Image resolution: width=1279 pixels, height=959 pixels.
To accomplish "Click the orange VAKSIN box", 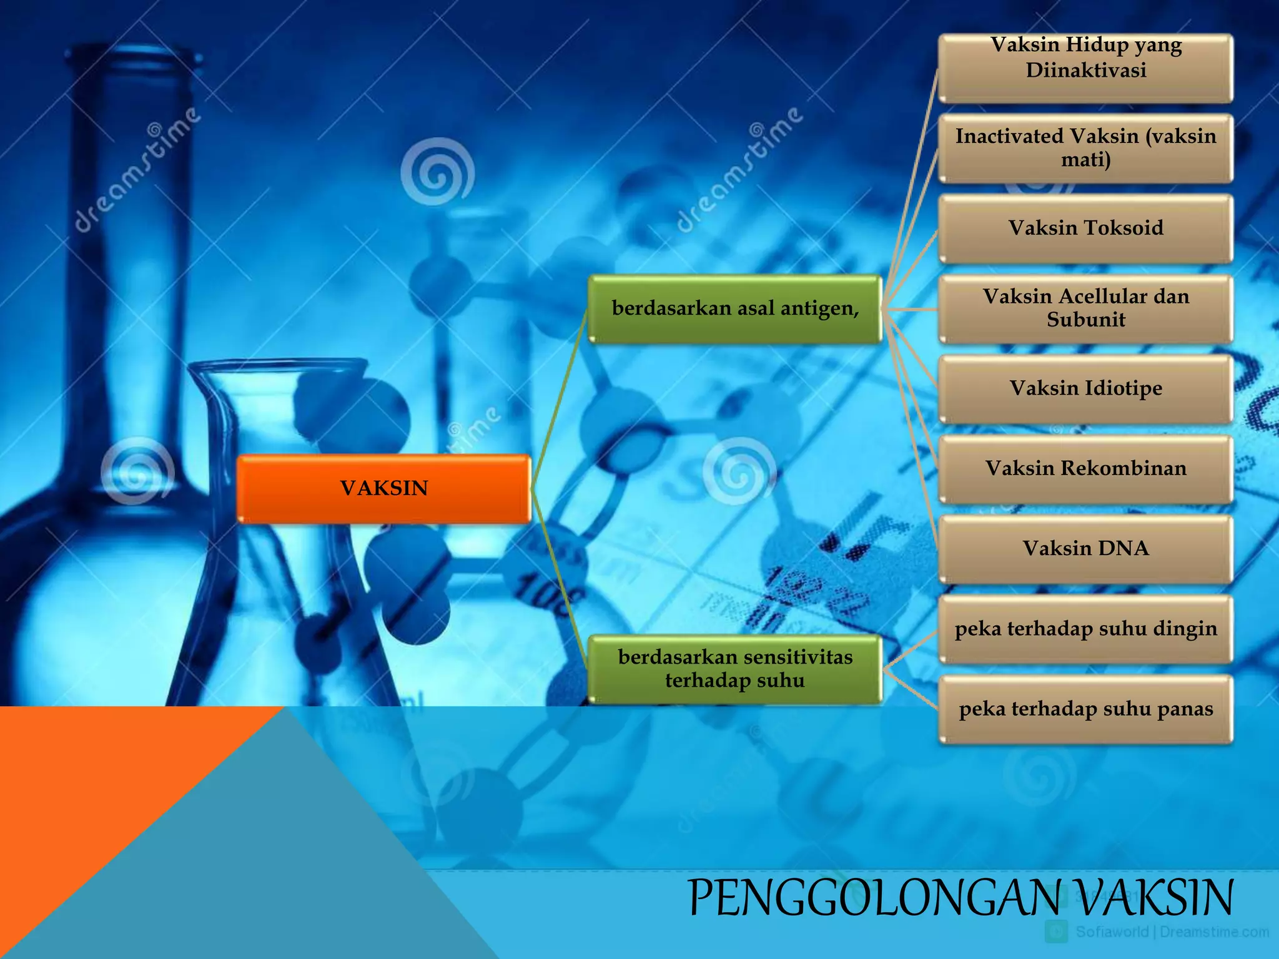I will coord(383,488).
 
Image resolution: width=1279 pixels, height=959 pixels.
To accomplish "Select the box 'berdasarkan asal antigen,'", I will coord(734,308).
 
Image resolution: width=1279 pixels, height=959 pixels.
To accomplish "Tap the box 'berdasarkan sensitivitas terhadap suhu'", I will coord(734,669).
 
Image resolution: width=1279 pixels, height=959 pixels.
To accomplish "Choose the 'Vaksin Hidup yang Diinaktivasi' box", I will coord(1085,67).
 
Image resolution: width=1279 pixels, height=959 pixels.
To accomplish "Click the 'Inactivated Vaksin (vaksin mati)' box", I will coord(1085,148).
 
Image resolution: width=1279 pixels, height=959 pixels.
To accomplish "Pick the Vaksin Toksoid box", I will coord(1085,228).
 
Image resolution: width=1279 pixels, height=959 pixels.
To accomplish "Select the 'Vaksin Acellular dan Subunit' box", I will coord(1085,308).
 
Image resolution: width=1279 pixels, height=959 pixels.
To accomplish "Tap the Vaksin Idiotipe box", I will coord(1085,388).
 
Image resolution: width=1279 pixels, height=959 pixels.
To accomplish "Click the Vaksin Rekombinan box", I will coord(1085,468).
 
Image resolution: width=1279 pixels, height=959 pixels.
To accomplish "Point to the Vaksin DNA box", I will coord(1085,549).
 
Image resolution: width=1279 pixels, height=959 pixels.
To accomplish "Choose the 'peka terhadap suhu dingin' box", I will coord(1085,629).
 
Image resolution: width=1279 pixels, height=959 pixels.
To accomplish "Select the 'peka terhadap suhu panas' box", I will coord(1085,709).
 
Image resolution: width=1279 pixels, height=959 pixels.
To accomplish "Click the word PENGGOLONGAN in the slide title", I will coord(874,898).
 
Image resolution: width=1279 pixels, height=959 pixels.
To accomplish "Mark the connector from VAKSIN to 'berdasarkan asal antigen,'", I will coord(559,400).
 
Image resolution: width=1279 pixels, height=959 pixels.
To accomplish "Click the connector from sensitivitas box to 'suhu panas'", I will coord(911,689).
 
